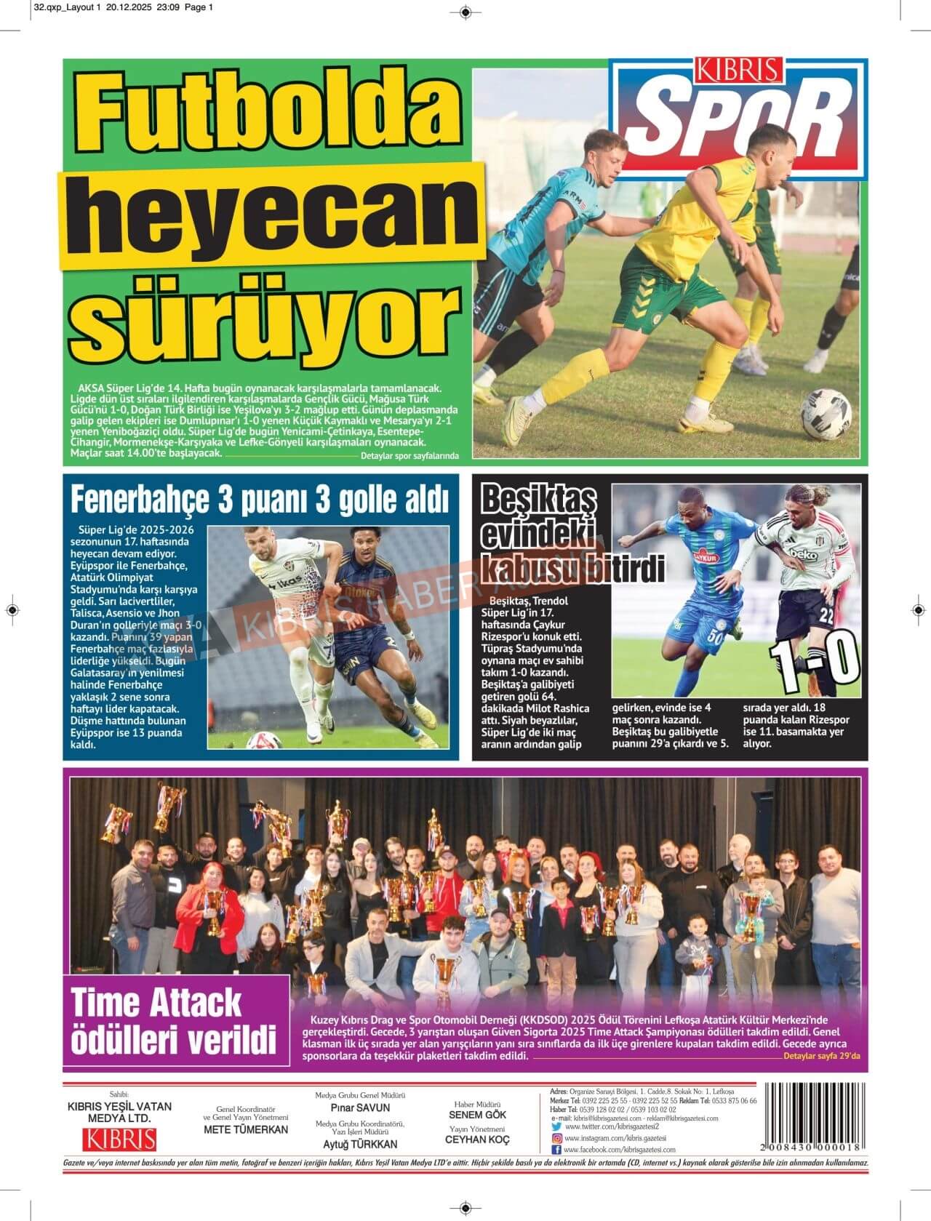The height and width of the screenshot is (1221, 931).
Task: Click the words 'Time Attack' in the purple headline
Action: click(x=156, y=1004)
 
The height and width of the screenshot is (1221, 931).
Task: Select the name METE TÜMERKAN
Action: click(x=246, y=1129)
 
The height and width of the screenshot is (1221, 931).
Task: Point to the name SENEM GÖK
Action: click(x=477, y=1114)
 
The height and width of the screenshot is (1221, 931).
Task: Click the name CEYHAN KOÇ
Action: click(x=477, y=1140)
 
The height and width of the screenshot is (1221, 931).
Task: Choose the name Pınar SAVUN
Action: click(x=360, y=1108)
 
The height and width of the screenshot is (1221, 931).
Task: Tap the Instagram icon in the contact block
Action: click(x=556, y=1138)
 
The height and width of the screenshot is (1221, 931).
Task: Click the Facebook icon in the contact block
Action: click(x=556, y=1150)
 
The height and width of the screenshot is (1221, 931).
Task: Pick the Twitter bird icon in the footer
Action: click(x=556, y=1126)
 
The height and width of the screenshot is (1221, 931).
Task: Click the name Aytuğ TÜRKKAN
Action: click(x=359, y=1144)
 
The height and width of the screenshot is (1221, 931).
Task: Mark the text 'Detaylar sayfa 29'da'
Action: click(x=821, y=1057)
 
